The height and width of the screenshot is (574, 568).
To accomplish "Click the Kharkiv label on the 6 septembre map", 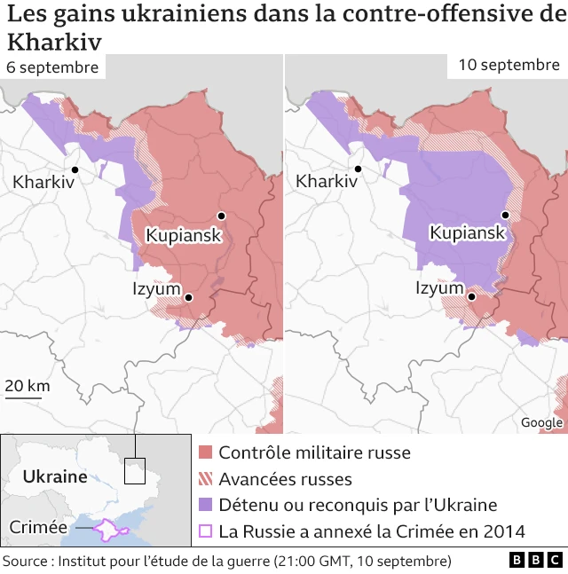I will point(43,182).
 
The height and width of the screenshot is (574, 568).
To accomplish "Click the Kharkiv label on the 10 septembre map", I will point(327,182).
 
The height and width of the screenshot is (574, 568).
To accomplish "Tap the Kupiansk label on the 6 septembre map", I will point(183,235).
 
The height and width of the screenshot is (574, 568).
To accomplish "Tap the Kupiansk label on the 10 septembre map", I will point(468,233).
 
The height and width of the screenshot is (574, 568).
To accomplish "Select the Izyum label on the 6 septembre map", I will point(155,288).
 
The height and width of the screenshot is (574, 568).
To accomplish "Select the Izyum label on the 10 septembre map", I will point(439,288).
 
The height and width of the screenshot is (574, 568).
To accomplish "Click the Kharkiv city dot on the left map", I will point(75,169).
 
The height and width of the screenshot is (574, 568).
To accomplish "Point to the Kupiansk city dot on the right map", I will point(505,215).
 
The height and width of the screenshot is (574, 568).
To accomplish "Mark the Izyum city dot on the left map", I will point(188,296).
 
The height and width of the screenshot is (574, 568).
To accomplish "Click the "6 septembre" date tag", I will point(52,67).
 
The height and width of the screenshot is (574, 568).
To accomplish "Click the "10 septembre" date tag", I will point(509,65).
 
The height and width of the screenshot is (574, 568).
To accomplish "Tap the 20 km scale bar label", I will point(27,386).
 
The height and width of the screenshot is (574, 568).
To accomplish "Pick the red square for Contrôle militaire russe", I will point(206,452).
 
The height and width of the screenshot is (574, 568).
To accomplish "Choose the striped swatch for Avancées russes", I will point(206,479).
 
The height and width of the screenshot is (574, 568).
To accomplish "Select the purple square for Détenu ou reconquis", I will point(206,505).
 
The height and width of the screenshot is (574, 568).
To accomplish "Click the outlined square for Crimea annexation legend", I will point(206,531).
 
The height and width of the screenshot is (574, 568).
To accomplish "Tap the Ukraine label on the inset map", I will point(55,476).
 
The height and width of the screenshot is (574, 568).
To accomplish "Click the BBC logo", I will point(535,561).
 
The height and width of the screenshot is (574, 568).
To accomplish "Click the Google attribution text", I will point(541,423).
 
